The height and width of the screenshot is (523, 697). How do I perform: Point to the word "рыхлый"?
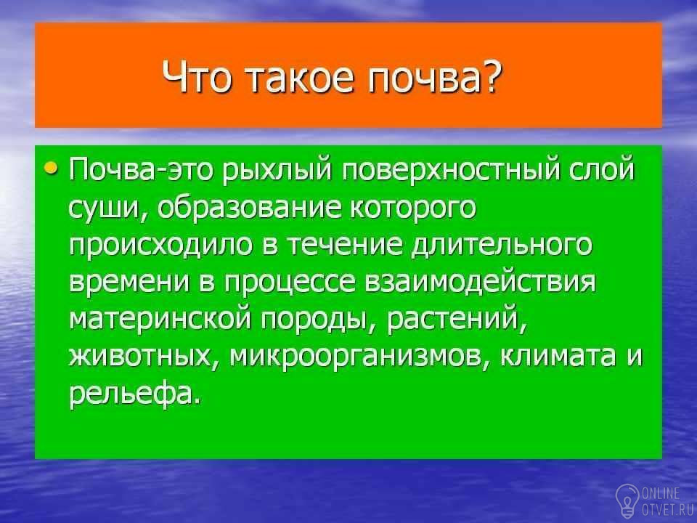pos(277,171)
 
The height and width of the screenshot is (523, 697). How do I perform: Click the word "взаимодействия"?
pos(480,283)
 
